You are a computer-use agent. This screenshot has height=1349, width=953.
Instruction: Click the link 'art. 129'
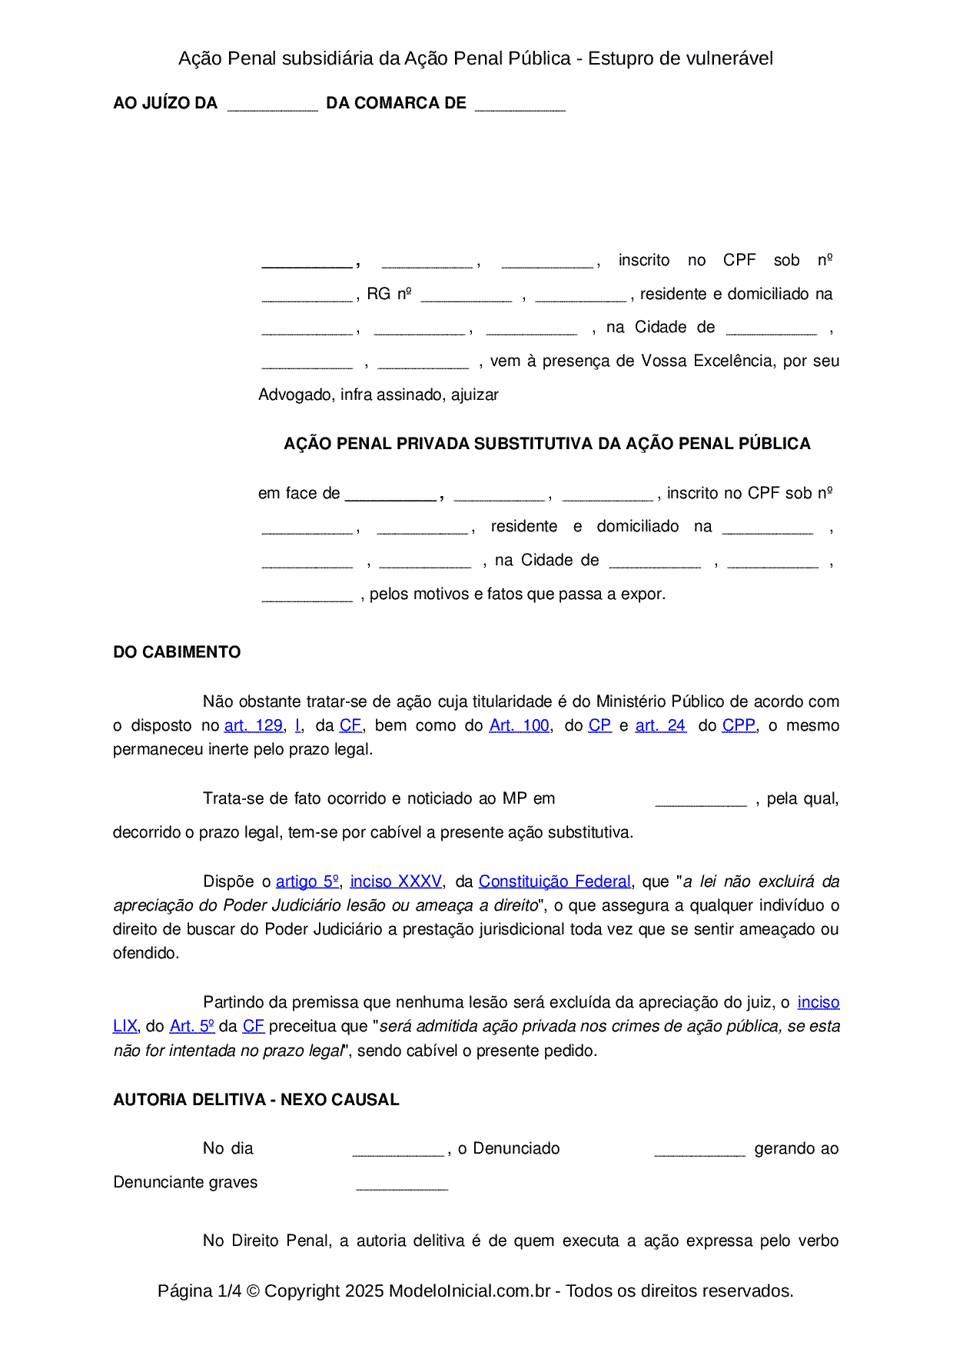[253, 725]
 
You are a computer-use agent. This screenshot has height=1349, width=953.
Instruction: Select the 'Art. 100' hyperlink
[520, 725]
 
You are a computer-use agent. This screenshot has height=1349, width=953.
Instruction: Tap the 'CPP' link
[739, 725]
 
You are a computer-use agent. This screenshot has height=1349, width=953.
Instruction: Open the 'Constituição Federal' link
[554, 881]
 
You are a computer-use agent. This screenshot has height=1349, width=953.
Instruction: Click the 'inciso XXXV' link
[396, 881]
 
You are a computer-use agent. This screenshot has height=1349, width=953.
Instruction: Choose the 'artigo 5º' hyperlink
[307, 881]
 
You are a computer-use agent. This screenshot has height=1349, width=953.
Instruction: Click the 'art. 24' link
[660, 725]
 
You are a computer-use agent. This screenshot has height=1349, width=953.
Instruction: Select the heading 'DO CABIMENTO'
[177, 652]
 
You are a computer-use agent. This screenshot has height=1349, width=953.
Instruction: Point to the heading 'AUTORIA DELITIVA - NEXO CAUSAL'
[256, 1100]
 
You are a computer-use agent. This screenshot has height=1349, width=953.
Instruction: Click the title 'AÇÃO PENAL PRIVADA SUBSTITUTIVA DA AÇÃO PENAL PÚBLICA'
[547, 444]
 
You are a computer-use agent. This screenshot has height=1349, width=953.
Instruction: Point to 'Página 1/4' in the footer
[199, 1291]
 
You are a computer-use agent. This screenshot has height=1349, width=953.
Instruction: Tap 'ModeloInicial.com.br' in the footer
[470, 1291]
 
